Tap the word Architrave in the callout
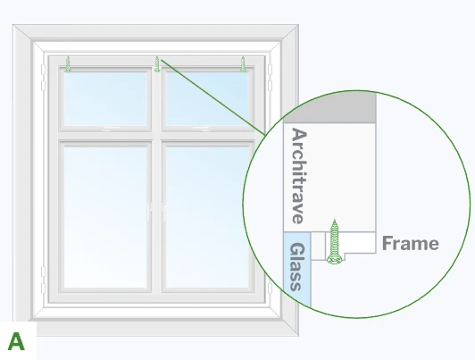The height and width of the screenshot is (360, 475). point(299,176)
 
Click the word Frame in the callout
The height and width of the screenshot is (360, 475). point(411,243)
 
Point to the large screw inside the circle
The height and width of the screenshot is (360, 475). point(334,241)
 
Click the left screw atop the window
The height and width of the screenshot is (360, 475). point(68,64)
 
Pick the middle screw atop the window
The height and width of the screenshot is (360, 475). point(157,64)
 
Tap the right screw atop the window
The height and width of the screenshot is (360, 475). point(243,64)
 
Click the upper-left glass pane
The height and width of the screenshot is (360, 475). point(105,99)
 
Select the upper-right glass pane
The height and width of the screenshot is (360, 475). point(207,99)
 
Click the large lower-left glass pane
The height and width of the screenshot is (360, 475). point(105,217)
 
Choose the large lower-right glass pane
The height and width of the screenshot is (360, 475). point(207,217)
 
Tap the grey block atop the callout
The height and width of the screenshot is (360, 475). point(329,107)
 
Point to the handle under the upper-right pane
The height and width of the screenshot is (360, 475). point(202,129)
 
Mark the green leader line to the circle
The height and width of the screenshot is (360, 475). point(213,97)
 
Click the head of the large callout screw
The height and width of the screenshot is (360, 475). point(334,260)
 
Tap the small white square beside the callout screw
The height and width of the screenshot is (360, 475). point(318,246)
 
